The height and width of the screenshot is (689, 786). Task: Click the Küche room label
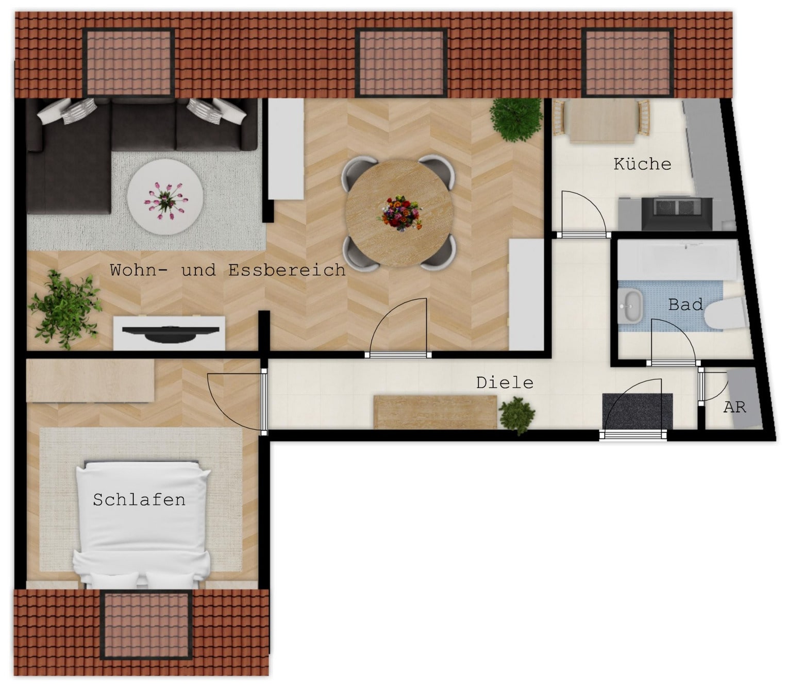point(642,164)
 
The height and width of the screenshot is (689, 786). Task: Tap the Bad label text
point(685,305)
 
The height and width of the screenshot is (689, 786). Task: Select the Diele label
point(505,383)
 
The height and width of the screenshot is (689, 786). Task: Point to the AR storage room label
point(734,407)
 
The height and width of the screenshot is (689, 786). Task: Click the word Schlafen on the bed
point(139,500)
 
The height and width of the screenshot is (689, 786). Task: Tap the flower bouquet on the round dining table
point(399,213)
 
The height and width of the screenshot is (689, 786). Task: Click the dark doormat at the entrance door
point(637,411)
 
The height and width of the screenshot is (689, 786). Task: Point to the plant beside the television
point(65,309)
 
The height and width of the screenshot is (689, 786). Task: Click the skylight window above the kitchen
point(627,62)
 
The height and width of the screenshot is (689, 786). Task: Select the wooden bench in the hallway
point(435,412)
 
